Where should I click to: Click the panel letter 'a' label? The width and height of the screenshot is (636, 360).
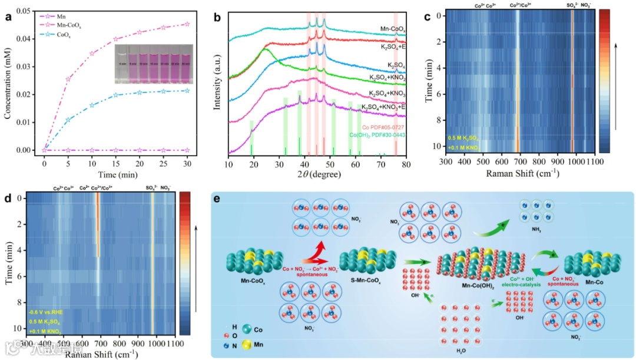click(x=8, y=16)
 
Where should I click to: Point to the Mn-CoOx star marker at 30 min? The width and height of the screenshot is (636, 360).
click(x=187, y=24)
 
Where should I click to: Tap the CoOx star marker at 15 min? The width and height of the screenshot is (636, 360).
click(x=115, y=95)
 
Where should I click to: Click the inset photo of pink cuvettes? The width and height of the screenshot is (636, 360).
click(x=154, y=64)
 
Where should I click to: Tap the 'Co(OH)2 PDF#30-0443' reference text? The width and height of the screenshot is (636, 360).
click(x=375, y=136)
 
